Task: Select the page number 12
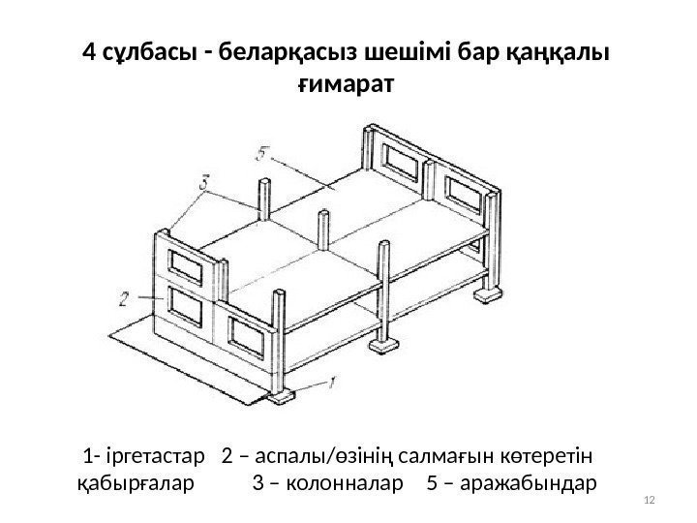pos(650,499)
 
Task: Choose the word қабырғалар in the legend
pos(134,482)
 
